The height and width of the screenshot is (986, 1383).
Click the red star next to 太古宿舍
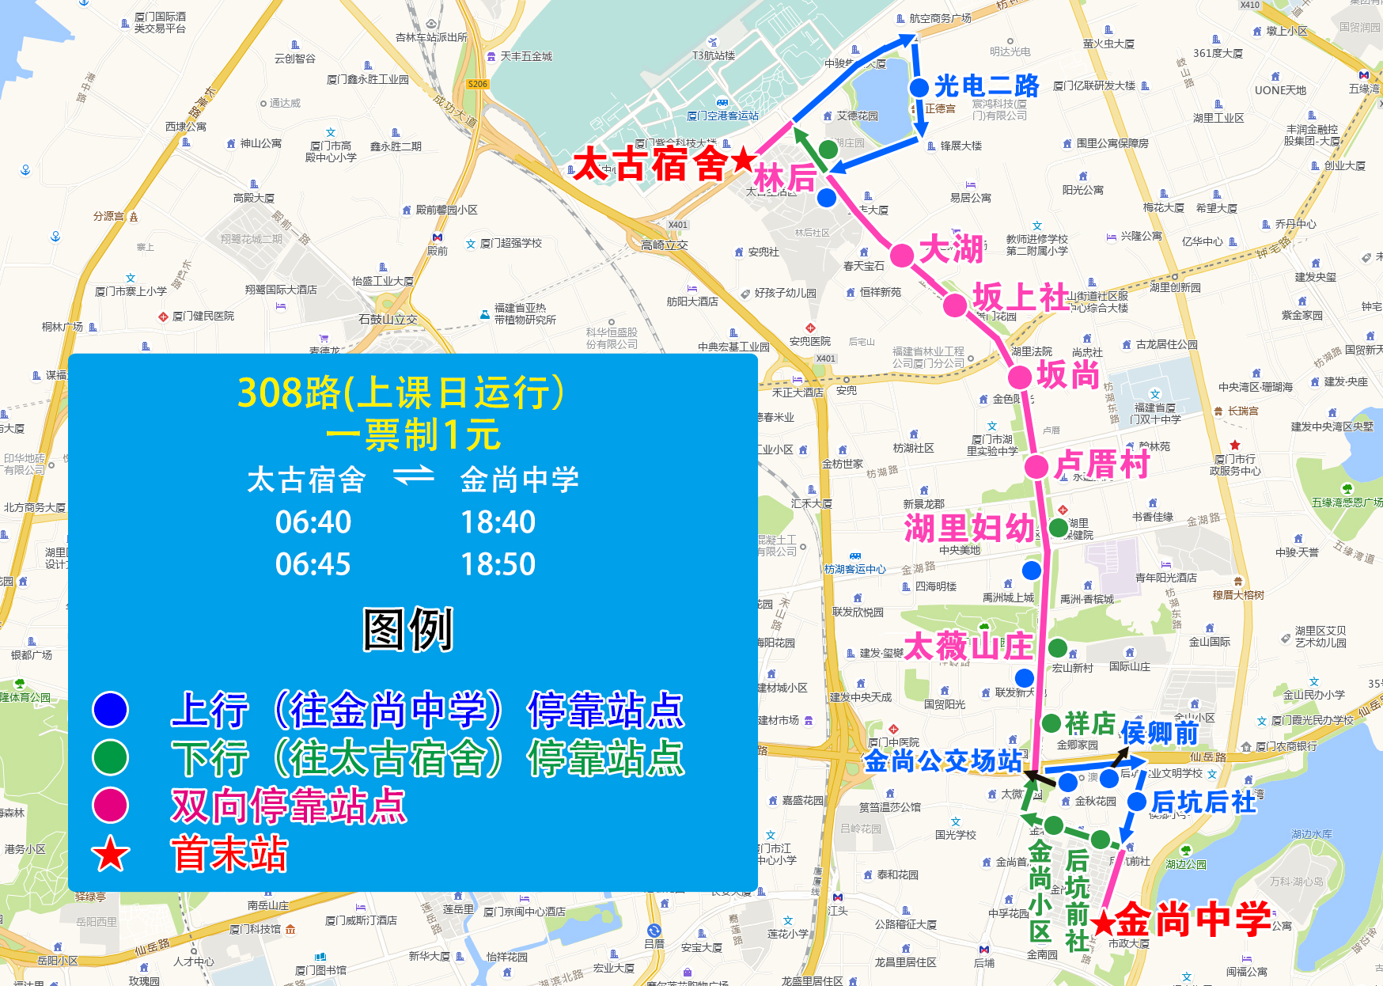(743, 160)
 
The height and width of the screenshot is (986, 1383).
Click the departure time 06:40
(313, 522)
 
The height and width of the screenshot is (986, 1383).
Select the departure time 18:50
(498, 564)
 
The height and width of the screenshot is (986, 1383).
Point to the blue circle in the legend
(110, 709)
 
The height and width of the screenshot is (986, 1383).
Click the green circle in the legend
(110, 757)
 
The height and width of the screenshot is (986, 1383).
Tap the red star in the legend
(110, 855)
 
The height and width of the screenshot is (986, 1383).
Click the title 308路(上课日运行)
(401, 392)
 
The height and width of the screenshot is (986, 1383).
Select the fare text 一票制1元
(412, 434)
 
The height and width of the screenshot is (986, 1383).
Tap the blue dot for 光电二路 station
(919, 88)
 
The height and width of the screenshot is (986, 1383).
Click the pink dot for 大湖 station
(902, 256)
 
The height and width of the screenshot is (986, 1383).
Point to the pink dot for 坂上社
(955, 305)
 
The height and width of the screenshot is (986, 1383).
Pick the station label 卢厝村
(1101, 465)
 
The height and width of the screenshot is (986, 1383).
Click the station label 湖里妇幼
(969, 528)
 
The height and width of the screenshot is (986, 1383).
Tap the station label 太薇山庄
(968, 647)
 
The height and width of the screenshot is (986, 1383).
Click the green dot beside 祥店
(1051, 722)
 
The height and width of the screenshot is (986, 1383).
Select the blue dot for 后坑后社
(1136, 802)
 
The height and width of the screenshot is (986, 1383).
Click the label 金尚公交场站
(942, 761)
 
